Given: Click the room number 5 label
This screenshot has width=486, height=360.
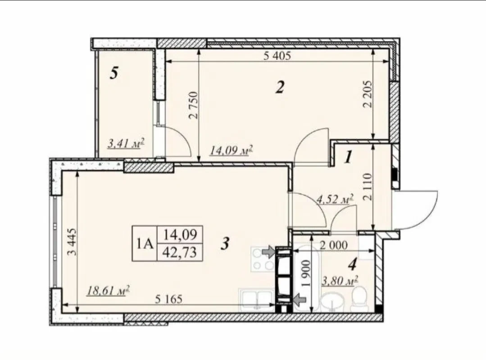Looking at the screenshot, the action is pos(114,73).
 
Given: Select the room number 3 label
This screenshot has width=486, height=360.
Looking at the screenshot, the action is pos(225,243).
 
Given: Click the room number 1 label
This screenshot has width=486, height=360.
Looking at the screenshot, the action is pos(349,157).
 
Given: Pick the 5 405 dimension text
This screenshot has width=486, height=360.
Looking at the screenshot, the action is pos(277,56).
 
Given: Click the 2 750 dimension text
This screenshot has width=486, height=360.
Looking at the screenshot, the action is pos(193,105).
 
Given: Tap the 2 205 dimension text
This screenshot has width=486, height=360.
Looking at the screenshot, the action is pos(368,94).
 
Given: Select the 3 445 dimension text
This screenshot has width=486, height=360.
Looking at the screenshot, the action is pos(72,242).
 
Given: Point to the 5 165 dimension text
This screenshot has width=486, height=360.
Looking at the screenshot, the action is pos(168,300).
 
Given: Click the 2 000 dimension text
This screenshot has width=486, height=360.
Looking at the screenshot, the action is pos(333,245).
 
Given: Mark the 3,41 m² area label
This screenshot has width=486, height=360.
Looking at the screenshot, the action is pos(126,143).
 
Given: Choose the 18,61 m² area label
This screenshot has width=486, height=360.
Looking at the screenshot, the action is pos(108,291).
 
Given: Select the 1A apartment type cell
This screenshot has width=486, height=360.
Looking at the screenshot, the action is pos(145,243).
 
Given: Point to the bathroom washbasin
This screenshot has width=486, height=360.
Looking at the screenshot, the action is pos(332,300).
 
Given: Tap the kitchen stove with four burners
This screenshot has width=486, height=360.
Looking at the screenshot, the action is pos(263,259).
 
